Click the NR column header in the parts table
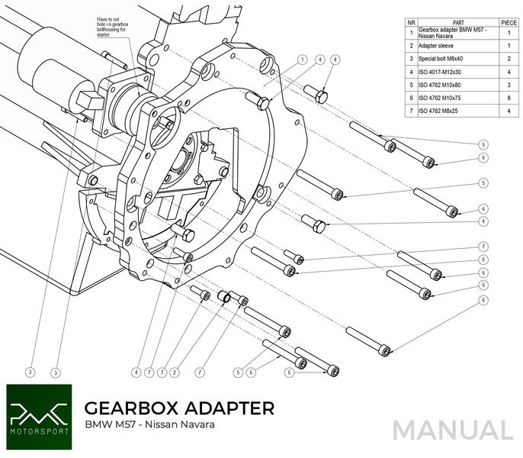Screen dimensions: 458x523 point(411,23)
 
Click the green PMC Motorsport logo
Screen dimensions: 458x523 point(39,411)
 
